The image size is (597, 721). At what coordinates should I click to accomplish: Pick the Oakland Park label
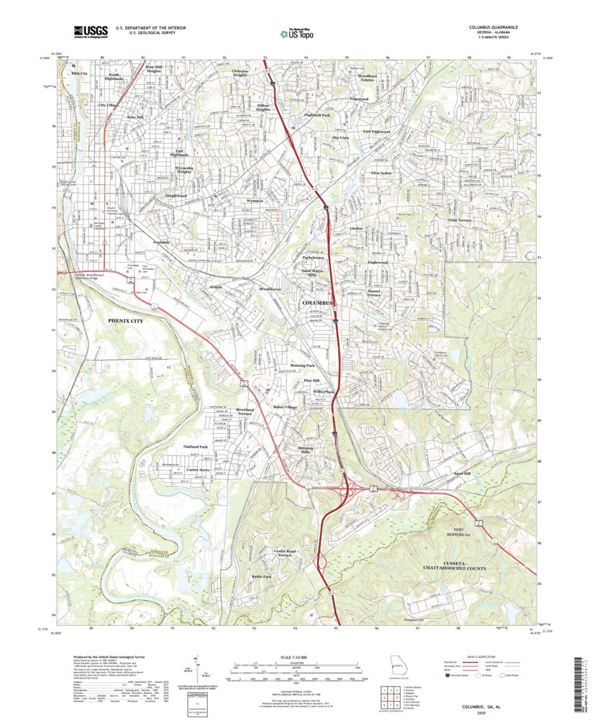pos(196,446)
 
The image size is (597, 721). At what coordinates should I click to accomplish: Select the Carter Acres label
pos(198,469)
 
